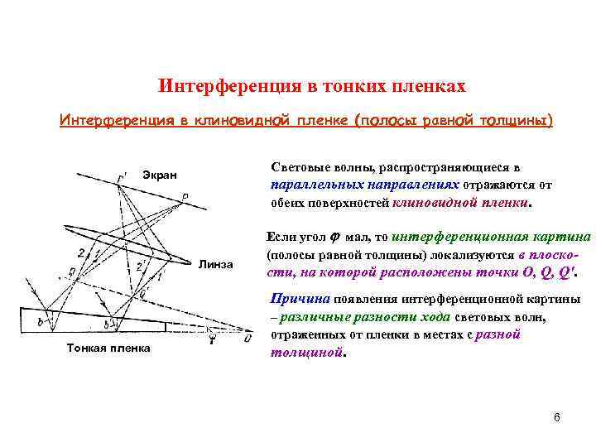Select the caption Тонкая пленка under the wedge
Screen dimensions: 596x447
coord(108,348)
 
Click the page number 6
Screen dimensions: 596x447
coord(557,416)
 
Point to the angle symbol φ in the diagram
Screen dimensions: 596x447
coord(213,337)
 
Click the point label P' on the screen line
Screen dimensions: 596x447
coord(122,176)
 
